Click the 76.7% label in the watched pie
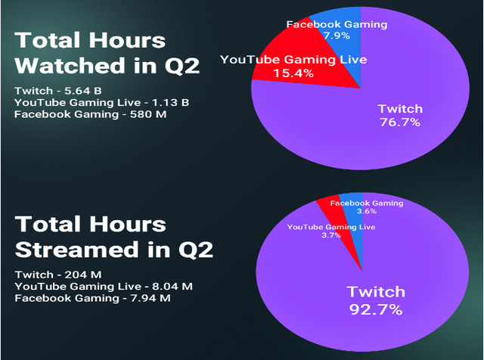pyautogui.click(x=400, y=123)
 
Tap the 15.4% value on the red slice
pyautogui.click(x=293, y=73)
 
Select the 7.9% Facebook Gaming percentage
pyautogui.click(x=337, y=36)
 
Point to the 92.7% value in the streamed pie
pyautogui.click(x=376, y=309)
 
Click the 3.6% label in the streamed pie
pyautogui.click(x=367, y=211)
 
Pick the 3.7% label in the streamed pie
pyautogui.click(x=331, y=235)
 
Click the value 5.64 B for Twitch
pyautogui.click(x=83, y=91)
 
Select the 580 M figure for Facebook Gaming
pyautogui.click(x=148, y=114)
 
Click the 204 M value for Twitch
pyautogui.click(x=83, y=275)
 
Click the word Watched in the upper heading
pyautogui.click(x=70, y=66)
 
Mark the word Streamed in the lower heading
pyautogui.click(x=77, y=250)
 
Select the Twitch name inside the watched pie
pyautogui.click(x=400, y=109)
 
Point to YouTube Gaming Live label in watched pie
pyautogui.click(x=293, y=59)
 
